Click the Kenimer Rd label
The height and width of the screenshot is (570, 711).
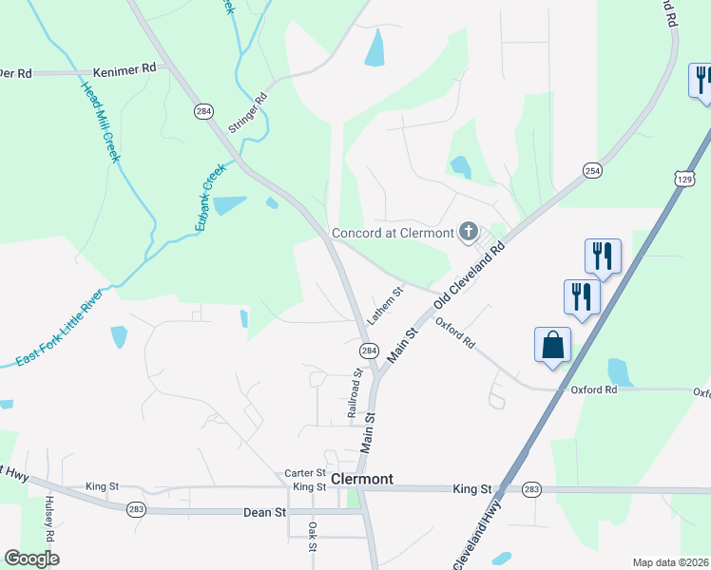(x=125, y=70)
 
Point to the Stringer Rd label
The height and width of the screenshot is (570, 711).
(x=248, y=112)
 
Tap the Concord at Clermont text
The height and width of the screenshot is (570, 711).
(x=392, y=234)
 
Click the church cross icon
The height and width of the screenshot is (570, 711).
(x=468, y=231)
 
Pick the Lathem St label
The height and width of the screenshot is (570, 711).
(x=386, y=305)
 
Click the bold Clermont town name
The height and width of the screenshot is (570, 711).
(x=361, y=479)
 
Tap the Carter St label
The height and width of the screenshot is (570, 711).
(x=305, y=473)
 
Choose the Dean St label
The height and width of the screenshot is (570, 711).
(x=266, y=512)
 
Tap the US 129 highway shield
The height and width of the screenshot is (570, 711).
(x=682, y=178)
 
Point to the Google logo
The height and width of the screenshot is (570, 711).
(x=32, y=559)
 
